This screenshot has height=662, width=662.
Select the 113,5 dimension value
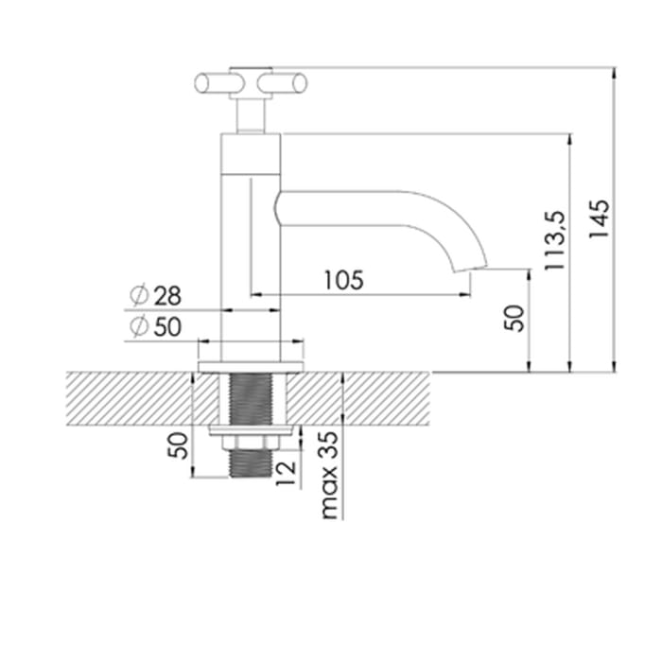click(x=556, y=242)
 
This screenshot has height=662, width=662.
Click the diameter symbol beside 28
click(x=137, y=295)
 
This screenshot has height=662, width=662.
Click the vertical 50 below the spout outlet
click(x=514, y=318)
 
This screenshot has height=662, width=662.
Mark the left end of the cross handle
click(x=202, y=83)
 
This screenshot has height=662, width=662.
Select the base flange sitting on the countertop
click(x=252, y=363)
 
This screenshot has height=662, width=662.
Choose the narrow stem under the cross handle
click(x=251, y=115)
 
